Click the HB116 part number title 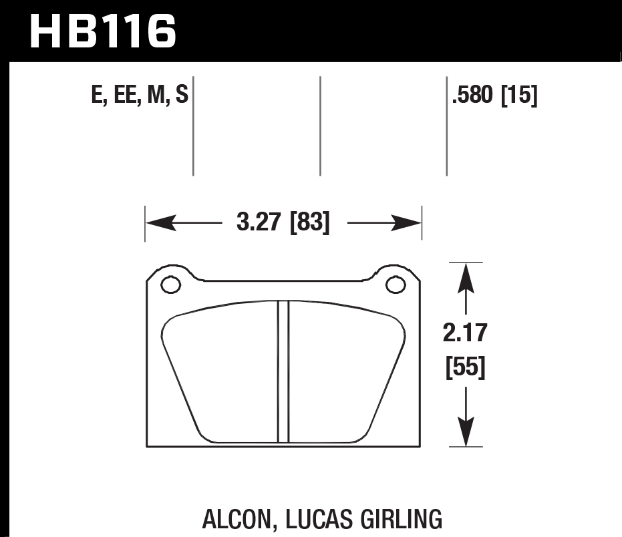point(104,31)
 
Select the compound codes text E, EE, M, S point(139,97)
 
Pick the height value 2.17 point(465,332)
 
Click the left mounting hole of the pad point(171,285)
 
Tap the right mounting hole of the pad point(396,285)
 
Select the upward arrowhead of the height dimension point(466,277)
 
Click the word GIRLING point(401,518)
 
